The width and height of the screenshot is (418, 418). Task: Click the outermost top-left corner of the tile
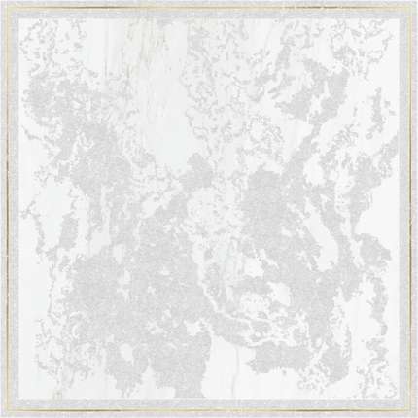(x=0, y=0)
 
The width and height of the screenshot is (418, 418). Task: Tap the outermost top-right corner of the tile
(x=417, y=0)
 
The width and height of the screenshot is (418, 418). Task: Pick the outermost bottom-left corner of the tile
(x=0, y=417)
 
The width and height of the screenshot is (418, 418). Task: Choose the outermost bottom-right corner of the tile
(x=417, y=417)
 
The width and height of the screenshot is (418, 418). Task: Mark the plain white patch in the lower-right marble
(x=321, y=331)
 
